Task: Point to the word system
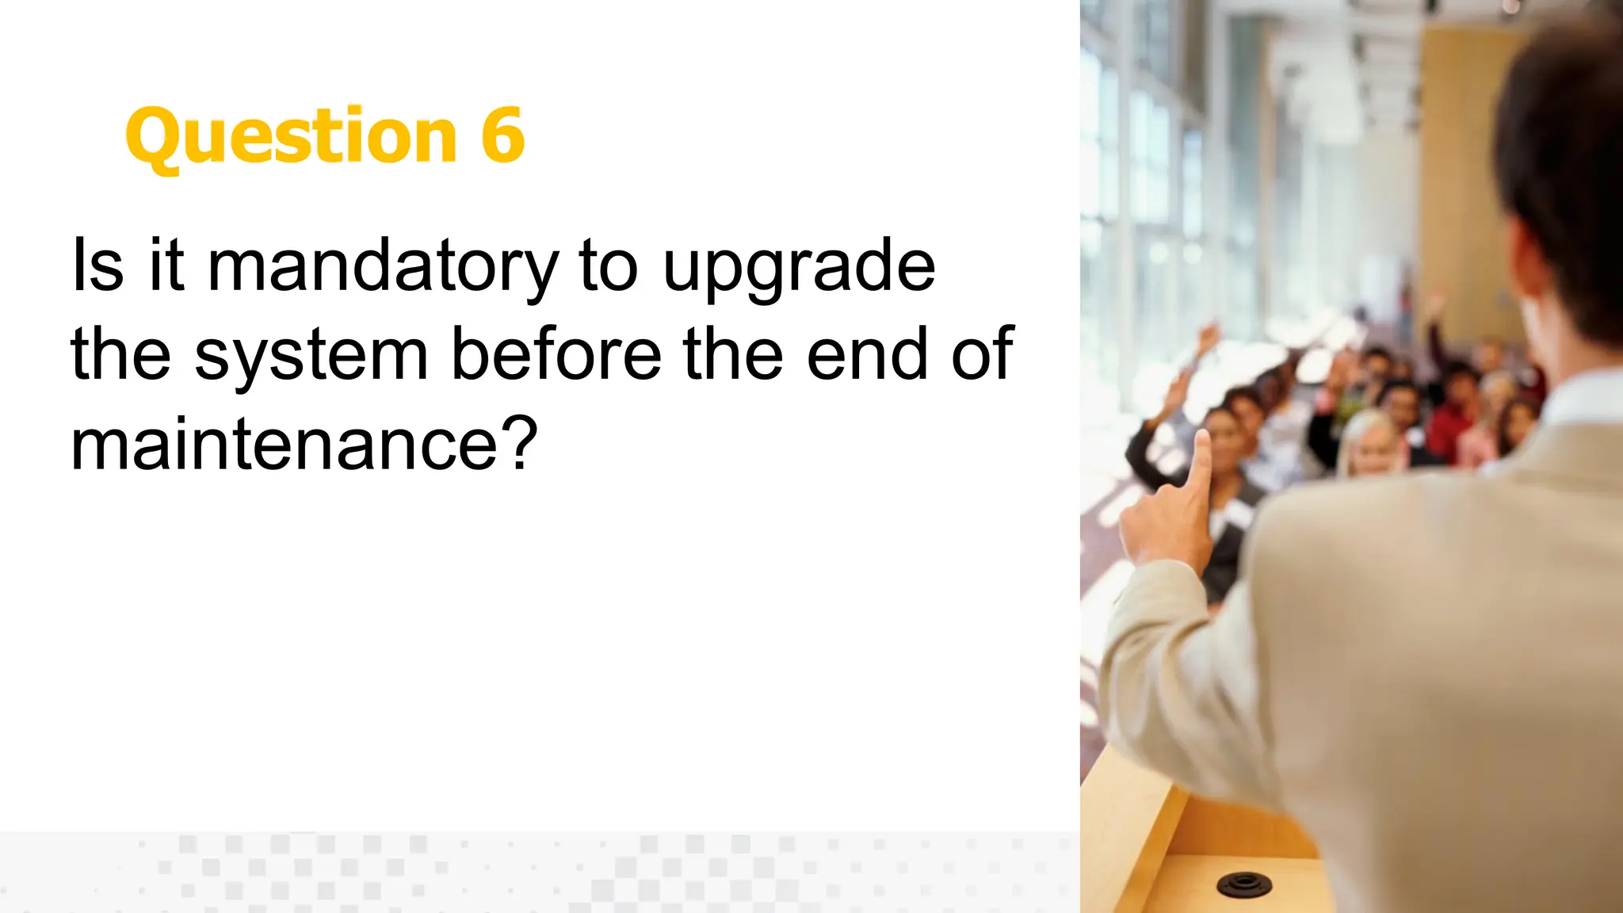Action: (311, 357)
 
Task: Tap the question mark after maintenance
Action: (520, 442)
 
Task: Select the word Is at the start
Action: (97, 265)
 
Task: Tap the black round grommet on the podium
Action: (1243, 882)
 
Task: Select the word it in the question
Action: (166, 265)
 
